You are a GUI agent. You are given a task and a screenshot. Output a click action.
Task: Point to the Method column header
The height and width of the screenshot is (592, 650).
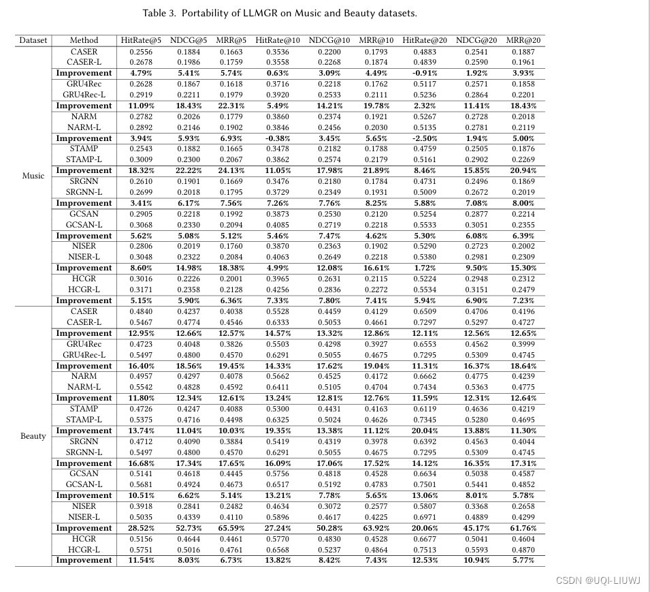pyautogui.click(x=84, y=40)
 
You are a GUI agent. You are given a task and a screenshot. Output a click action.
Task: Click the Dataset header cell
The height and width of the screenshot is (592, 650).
pyautogui.click(x=33, y=40)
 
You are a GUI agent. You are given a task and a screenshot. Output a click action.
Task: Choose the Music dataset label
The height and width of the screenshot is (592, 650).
pyautogui.click(x=33, y=176)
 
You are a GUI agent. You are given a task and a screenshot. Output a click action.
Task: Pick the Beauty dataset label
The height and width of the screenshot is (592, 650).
pyautogui.click(x=33, y=436)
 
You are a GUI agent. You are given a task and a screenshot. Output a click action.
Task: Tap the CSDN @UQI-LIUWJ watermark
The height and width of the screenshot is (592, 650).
pyautogui.click(x=598, y=580)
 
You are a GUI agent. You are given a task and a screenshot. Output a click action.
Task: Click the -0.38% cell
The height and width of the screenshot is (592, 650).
pyautogui.click(x=277, y=138)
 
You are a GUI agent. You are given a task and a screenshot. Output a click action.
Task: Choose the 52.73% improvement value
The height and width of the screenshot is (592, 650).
pyautogui.click(x=185, y=528)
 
